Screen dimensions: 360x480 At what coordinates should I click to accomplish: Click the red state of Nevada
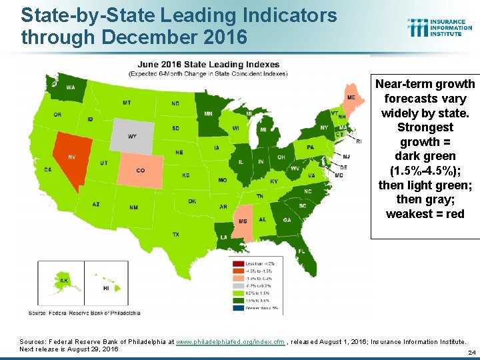click(69, 157)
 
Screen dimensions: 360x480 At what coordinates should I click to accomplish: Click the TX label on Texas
click(175, 234)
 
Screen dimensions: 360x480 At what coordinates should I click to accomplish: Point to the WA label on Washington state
click(71, 87)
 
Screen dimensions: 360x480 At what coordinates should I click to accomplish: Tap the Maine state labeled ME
click(351, 97)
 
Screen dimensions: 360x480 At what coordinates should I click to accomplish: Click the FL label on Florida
click(302, 251)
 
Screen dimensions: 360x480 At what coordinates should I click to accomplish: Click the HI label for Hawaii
click(105, 288)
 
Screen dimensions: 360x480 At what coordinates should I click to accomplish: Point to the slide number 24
click(471, 352)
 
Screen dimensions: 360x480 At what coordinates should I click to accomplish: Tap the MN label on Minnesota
click(208, 113)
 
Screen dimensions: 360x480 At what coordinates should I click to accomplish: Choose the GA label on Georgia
click(287, 221)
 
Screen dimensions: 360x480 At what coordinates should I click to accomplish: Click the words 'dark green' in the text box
click(425, 156)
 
